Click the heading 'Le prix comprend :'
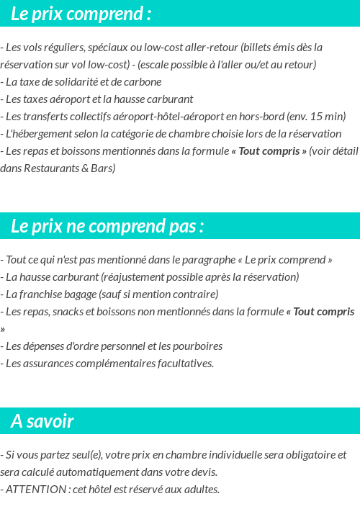pyautogui.click(x=81, y=14)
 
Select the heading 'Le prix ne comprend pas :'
pyautogui.click(x=107, y=226)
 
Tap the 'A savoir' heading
pyautogui.click(x=42, y=421)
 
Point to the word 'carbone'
pyautogui.click(x=142, y=81)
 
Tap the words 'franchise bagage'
pyautogui.click(x=53, y=294)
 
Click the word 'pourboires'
pyautogui.click(x=198, y=346)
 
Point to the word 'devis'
pyautogui.click(x=202, y=472)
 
